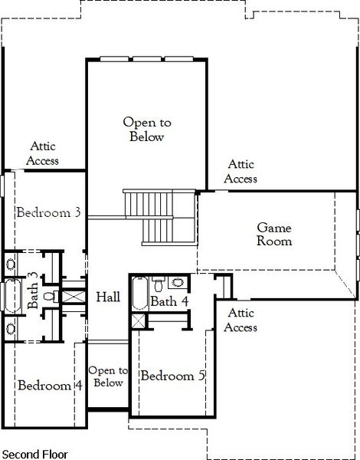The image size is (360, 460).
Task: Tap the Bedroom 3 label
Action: [48, 212]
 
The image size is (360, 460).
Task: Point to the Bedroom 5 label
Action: [172, 376]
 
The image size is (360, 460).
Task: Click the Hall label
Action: [107, 297]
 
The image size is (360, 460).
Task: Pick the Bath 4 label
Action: [169, 301]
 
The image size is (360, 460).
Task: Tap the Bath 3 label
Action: [33, 291]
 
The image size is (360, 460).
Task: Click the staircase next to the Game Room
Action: [149, 217]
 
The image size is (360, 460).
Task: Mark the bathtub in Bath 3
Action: [12, 294]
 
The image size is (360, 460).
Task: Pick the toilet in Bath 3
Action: [47, 294]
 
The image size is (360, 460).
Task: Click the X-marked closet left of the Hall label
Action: [74, 295]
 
